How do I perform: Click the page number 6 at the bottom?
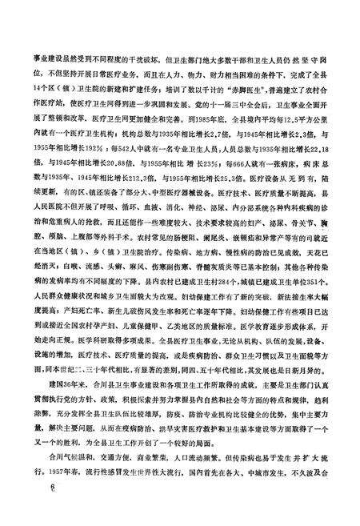tap(30, 510)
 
